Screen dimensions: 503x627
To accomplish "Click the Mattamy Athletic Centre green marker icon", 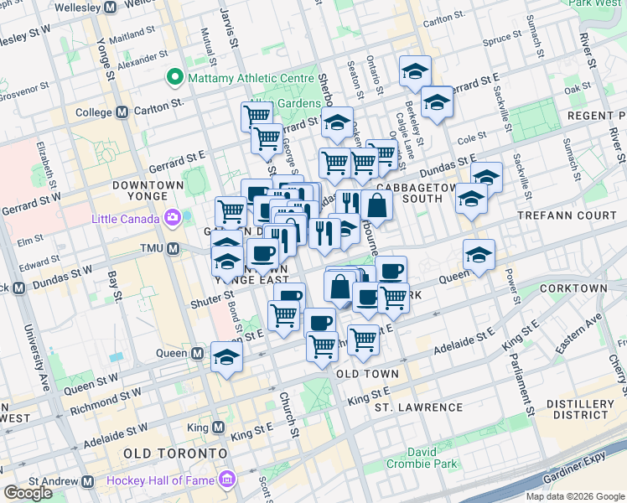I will tap(176, 79).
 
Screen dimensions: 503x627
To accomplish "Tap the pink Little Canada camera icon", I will tap(173, 220).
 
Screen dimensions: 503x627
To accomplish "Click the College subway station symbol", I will tap(122, 111).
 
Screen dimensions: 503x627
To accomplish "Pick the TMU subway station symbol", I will tap(174, 248).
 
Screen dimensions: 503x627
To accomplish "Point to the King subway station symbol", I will tap(219, 428).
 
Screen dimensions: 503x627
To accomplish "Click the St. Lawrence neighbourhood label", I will tap(418, 407).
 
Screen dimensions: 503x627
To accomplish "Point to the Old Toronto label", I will tap(174, 453).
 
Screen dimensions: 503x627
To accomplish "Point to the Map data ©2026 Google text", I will tap(573, 496).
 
